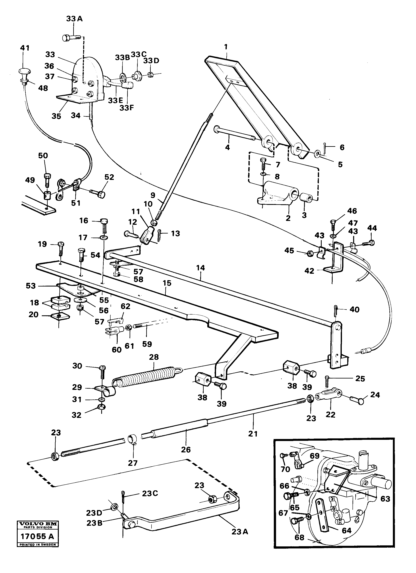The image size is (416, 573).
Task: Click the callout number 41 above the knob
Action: tap(25, 48)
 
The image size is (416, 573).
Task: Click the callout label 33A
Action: tap(74, 19)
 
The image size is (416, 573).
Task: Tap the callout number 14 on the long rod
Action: tap(201, 268)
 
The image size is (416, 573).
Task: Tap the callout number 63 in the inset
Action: tap(385, 499)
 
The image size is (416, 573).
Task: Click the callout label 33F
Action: tap(127, 108)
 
